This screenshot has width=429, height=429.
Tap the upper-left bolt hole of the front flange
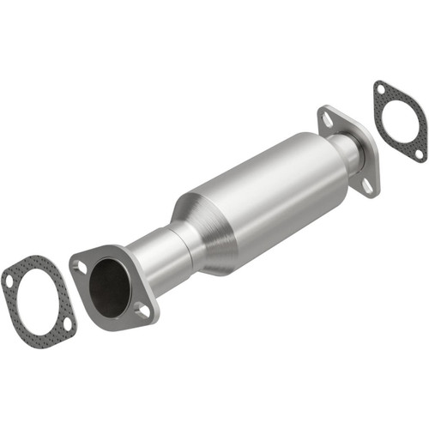(x=82, y=267)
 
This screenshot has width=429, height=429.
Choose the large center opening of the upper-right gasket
(x=400, y=122)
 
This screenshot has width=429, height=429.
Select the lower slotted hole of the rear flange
(x=366, y=183)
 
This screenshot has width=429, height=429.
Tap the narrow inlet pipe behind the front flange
(x=159, y=259)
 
